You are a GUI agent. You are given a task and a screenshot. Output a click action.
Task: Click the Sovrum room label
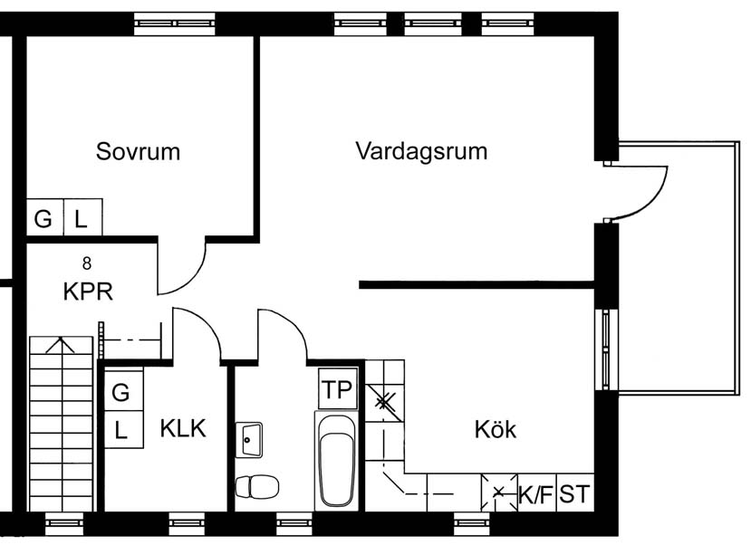(138, 152)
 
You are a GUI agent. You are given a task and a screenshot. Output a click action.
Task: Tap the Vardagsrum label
(421, 152)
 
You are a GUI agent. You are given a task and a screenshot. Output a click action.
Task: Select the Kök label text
(496, 429)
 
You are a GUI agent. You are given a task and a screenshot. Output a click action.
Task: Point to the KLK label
(183, 428)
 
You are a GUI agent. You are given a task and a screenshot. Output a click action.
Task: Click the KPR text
(88, 292)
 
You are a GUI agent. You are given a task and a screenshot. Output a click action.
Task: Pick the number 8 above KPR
(87, 263)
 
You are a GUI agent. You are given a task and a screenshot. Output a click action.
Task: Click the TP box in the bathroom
(338, 389)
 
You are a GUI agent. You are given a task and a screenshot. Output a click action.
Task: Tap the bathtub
(336, 461)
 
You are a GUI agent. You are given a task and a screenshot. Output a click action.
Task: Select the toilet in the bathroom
(256, 487)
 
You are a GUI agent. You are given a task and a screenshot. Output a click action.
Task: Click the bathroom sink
(249, 440)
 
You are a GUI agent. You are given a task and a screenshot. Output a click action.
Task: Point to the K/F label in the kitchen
(536, 494)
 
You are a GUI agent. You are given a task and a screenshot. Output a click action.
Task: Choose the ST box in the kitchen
(574, 493)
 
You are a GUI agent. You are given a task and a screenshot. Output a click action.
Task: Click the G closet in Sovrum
(44, 217)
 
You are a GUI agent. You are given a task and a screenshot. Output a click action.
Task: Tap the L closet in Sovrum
(82, 217)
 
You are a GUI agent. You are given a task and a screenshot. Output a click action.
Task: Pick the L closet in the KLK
(123, 429)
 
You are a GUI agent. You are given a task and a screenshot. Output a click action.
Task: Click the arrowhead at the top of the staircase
(61, 339)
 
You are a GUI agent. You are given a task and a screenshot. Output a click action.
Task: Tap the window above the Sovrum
(174, 23)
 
